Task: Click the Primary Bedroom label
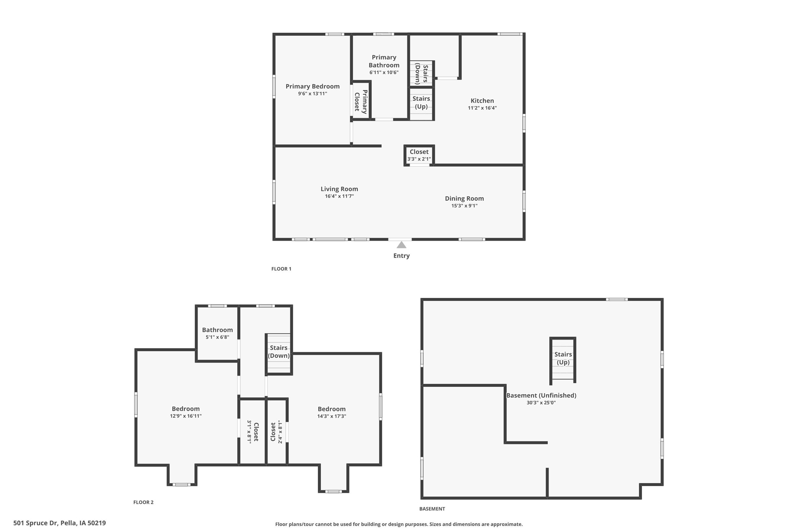coord(312,86)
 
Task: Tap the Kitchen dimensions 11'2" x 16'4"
coord(482,108)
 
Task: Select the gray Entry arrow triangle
coord(401,245)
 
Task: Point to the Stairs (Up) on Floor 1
coord(421,103)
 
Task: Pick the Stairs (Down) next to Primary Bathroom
coord(421,74)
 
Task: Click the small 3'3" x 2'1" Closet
coord(419,155)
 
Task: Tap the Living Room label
coord(339,189)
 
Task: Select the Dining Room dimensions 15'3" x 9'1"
coord(464,206)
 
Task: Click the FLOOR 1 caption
coord(281,269)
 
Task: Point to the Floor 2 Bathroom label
coord(217,330)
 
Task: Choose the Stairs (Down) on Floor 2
coord(278,352)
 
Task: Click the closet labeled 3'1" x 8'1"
coord(253,432)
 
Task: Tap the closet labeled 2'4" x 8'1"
coord(276,432)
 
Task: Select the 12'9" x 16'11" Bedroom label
coord(186,409)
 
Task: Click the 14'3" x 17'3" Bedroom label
coord(331,409)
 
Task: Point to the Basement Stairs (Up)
coord(563,358)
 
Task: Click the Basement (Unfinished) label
coord(541,395)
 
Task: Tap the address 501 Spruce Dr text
coord(60,523)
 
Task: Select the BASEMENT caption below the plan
coord(432,509)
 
